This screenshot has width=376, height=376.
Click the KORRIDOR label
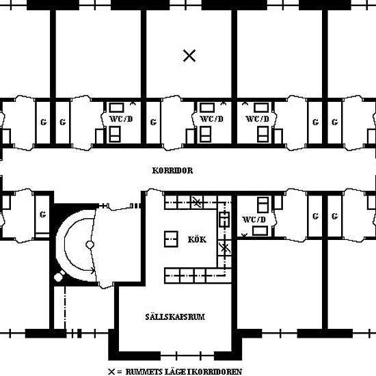(x=172, y=170)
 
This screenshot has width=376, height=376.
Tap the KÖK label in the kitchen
(x=197, y=239)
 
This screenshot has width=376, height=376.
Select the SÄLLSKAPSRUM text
(x=175, y=317)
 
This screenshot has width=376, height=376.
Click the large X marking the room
(x=189, y=55)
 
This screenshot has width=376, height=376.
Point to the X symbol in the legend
(x=111, y=372)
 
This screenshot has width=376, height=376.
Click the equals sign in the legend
(x=119, y=372)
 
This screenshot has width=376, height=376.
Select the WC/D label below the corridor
(x=254, y=219)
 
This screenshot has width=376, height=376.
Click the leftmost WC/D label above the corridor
(x=121, y=119)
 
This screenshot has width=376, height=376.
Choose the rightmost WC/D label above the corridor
(x=257, y=119)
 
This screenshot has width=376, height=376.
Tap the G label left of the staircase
(x=43, y=214)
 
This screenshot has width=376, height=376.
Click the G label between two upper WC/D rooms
(x=153, y=122)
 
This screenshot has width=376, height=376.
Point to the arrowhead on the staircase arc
(x=93, y=271)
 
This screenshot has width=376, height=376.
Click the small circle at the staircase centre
(x=90, y=245)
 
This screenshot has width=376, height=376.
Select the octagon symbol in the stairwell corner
(x=58, y=277)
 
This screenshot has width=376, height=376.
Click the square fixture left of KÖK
(x=171, y=239)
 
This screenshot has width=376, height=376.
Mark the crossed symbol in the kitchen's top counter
(x=197, y=202)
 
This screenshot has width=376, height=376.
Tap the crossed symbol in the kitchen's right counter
(x=224, y=247)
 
